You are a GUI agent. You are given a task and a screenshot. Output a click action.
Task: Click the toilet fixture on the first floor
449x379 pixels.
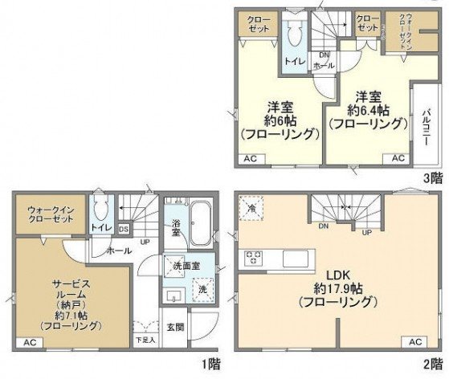[101, 211]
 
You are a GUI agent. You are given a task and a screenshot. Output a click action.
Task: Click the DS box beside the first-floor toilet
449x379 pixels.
[123, 229]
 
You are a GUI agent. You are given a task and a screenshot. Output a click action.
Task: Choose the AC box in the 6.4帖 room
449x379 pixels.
[398, 159]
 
